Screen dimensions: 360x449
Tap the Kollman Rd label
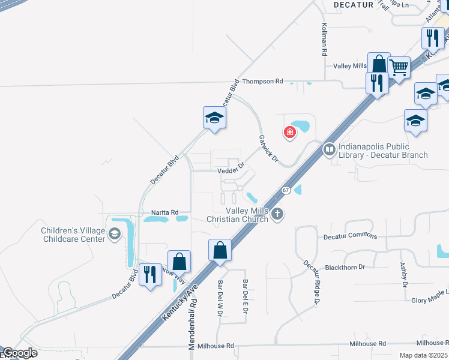tap(324, 40)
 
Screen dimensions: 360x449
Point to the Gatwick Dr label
tap(268, 148)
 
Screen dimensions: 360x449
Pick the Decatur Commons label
tap(351, 236)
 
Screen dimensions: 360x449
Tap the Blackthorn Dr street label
tap(345, 268)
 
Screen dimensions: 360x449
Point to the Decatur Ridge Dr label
tap(310, 283)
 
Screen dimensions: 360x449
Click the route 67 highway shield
tap(286, 190)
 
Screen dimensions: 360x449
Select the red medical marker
tap(290, 132)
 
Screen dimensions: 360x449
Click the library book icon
tap(329, 148)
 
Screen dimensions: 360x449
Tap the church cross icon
tap(277, 214)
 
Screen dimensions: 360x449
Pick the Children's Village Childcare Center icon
tap(115, 235)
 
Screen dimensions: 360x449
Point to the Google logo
tap(20, 353)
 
